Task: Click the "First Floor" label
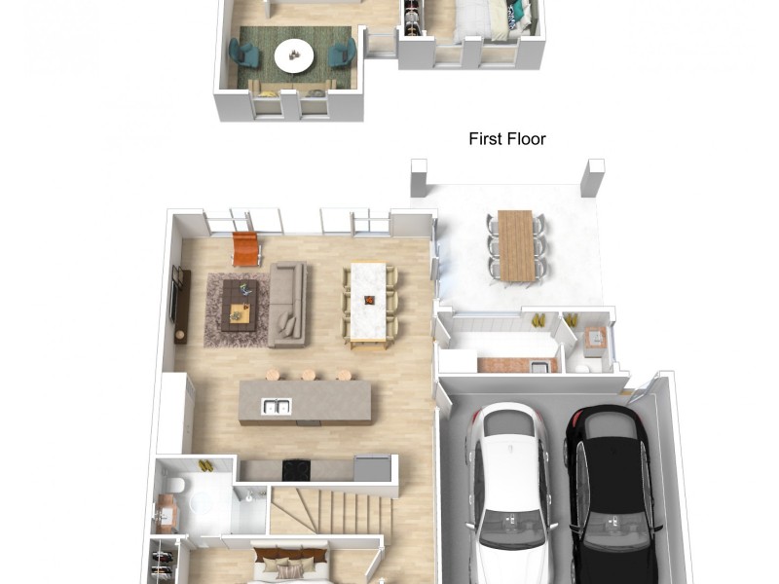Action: [x=506, y=138]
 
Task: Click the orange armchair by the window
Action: [x=246, y=248]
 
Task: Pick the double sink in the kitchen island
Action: [x=277, y=407]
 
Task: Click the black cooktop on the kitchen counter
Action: [x=296, y=470]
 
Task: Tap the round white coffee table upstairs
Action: [x=294, y=55]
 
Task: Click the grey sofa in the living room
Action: [x=287, y=304]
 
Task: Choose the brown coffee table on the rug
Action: [x=240, y=305]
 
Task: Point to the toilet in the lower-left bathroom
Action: [x=175, y=484]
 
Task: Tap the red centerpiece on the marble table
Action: [x=369, y=300]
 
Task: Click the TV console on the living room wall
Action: [x=181, y=306]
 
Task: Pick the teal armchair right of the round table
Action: [x=343, y=53]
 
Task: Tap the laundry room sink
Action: [x=538, y=367]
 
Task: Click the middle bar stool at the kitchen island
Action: [x=308, y=375]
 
